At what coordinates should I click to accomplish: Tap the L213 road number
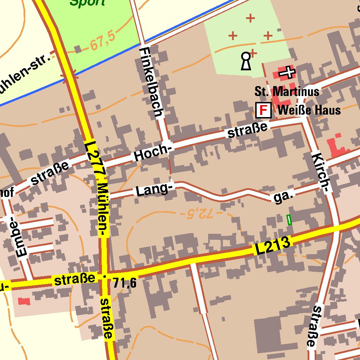point(273,246)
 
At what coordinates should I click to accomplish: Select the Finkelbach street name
point(152,82)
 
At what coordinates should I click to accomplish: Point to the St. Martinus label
point(287,92)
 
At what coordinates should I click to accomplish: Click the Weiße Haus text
point(309,110)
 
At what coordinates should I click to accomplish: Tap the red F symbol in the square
point(263,111)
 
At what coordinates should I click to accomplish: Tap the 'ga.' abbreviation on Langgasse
point(283,197)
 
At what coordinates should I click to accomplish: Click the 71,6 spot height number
point(125,282)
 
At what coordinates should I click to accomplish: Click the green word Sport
point(87,3)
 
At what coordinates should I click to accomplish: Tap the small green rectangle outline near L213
point(289,220)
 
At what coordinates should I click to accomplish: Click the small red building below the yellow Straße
point(24,301)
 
